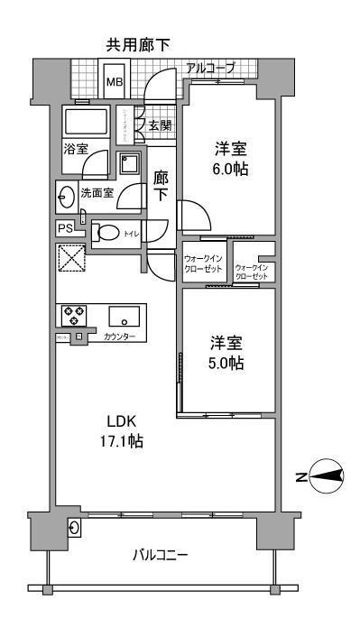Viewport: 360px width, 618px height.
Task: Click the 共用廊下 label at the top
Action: point(139,43)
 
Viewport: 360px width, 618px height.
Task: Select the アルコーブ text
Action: point(209,68)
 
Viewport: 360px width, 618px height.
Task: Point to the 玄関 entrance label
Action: point(160,125)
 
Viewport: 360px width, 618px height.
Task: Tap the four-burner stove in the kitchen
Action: point(73,316)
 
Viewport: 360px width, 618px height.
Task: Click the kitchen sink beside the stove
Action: point(120,318)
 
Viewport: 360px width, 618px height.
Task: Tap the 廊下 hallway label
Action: point(162,186)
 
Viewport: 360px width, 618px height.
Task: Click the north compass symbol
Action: point(326,476)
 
